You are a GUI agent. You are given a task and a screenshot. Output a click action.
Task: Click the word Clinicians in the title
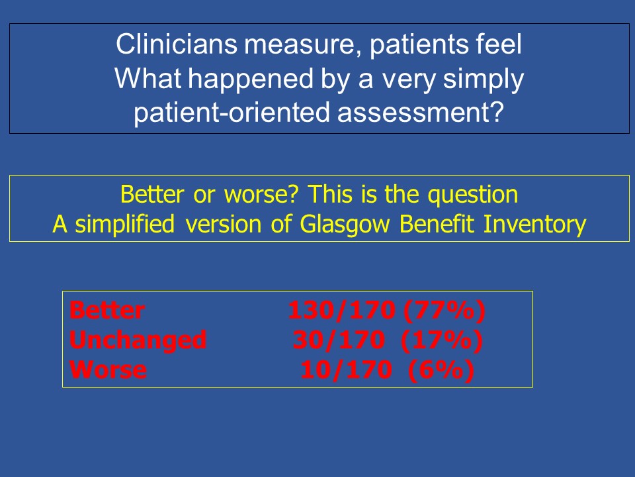point(177,44)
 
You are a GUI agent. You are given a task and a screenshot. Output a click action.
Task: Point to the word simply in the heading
point(484,79)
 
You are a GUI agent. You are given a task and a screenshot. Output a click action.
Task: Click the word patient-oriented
point(232,113)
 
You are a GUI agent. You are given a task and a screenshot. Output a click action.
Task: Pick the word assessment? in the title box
point(421,113)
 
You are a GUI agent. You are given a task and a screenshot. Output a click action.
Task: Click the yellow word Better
point(152,194)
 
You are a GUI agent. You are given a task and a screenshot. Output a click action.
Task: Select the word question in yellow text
point(473,195)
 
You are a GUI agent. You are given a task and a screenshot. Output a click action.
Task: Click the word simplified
point(125,225)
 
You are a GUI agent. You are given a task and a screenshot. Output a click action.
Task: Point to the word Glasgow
point(345,225)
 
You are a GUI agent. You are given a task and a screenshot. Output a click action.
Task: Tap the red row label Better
point(107,310)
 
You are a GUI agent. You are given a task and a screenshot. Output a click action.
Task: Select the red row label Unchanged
point(138,341)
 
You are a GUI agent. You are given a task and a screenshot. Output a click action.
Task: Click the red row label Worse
point(108,370)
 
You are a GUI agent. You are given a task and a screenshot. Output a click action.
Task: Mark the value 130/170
point(342,311)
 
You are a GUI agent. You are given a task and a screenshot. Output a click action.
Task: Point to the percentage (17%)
point(442,341)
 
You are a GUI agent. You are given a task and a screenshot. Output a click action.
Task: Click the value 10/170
point(346,370)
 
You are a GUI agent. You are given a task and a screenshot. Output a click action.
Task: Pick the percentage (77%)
point(444,311)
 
